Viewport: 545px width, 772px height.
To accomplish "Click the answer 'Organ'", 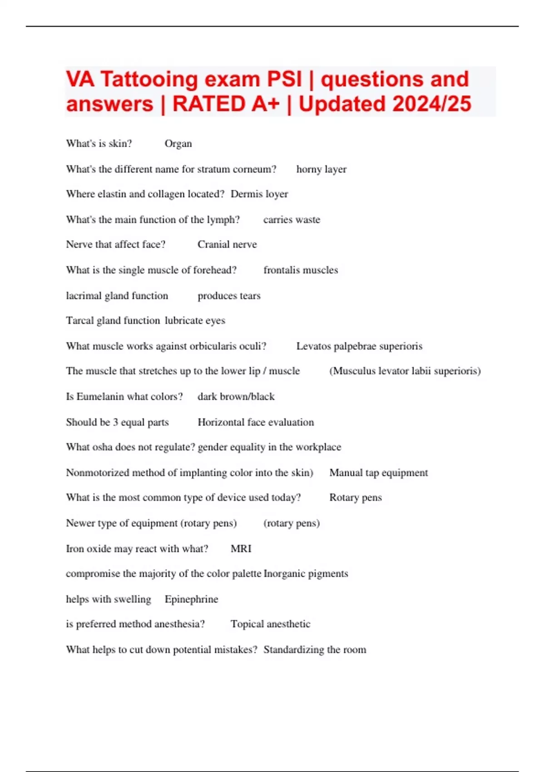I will (178, 144).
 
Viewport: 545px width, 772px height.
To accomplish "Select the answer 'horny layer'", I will (321, 169).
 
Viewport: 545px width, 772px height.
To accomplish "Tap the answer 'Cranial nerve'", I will (227, 244).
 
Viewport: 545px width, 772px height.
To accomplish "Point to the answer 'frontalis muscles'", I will (301, 270).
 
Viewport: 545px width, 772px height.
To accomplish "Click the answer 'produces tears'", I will (229, 296).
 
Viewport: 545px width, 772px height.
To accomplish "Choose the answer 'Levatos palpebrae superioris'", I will (359, 346).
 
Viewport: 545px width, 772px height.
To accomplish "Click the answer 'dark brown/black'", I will (236, 396).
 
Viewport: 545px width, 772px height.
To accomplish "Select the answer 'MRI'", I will (241, 549).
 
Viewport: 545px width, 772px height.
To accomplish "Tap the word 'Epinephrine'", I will (191, 599).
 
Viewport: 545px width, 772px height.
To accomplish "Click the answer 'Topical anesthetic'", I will (270, 624).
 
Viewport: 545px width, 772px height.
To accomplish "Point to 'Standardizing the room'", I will (315, 649).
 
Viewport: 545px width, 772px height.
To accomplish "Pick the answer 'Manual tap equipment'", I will (378, 473).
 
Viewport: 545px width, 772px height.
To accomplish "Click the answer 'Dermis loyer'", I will (259, 194).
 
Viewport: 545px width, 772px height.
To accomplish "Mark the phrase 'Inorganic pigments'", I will (306, 574).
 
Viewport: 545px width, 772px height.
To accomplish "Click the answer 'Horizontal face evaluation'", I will (256, 422).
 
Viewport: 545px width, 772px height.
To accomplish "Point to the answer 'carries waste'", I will (292, 220).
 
